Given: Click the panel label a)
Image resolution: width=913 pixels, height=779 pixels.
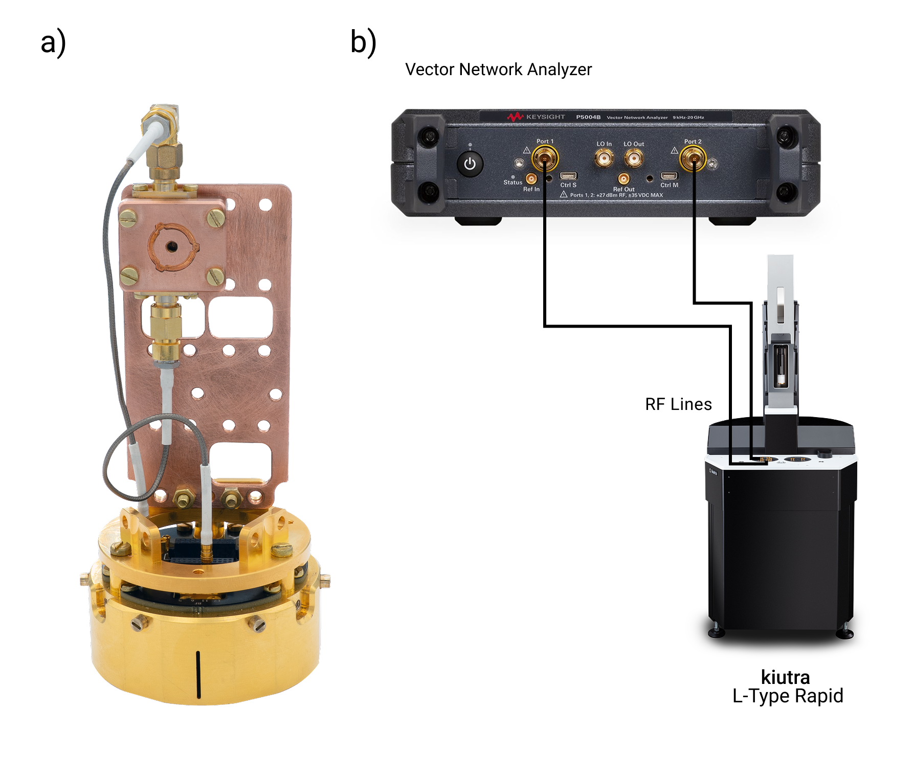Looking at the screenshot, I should (53, 42).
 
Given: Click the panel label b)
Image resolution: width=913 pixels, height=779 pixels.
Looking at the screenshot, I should (363, 42).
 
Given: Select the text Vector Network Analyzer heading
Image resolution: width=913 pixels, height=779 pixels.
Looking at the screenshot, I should (498, 70).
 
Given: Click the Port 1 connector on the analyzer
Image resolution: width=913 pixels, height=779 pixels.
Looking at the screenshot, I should (545, 158).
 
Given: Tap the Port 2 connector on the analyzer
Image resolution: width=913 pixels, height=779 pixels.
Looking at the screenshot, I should (693, 158).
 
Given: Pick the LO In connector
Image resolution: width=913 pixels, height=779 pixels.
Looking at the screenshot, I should (604, 158).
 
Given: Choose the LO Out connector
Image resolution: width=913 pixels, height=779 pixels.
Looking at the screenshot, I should (634, 158).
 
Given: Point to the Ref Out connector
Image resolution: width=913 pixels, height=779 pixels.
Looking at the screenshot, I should (623, 178).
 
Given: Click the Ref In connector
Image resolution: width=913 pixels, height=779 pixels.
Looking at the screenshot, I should (531, 178).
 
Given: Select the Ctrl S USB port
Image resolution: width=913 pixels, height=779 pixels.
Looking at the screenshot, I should (568, 176).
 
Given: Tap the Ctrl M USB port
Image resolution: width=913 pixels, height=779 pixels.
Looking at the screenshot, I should (669, 176).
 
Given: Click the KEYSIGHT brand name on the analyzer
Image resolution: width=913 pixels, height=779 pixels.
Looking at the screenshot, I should (545, 117).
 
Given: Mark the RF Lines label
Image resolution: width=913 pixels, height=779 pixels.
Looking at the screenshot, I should (678, 404).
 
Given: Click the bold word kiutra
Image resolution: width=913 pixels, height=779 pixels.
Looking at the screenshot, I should (785, 677).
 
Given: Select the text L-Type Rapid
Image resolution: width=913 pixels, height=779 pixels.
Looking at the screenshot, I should (788, 696).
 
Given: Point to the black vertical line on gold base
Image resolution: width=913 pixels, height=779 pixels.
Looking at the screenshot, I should (198, 674).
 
